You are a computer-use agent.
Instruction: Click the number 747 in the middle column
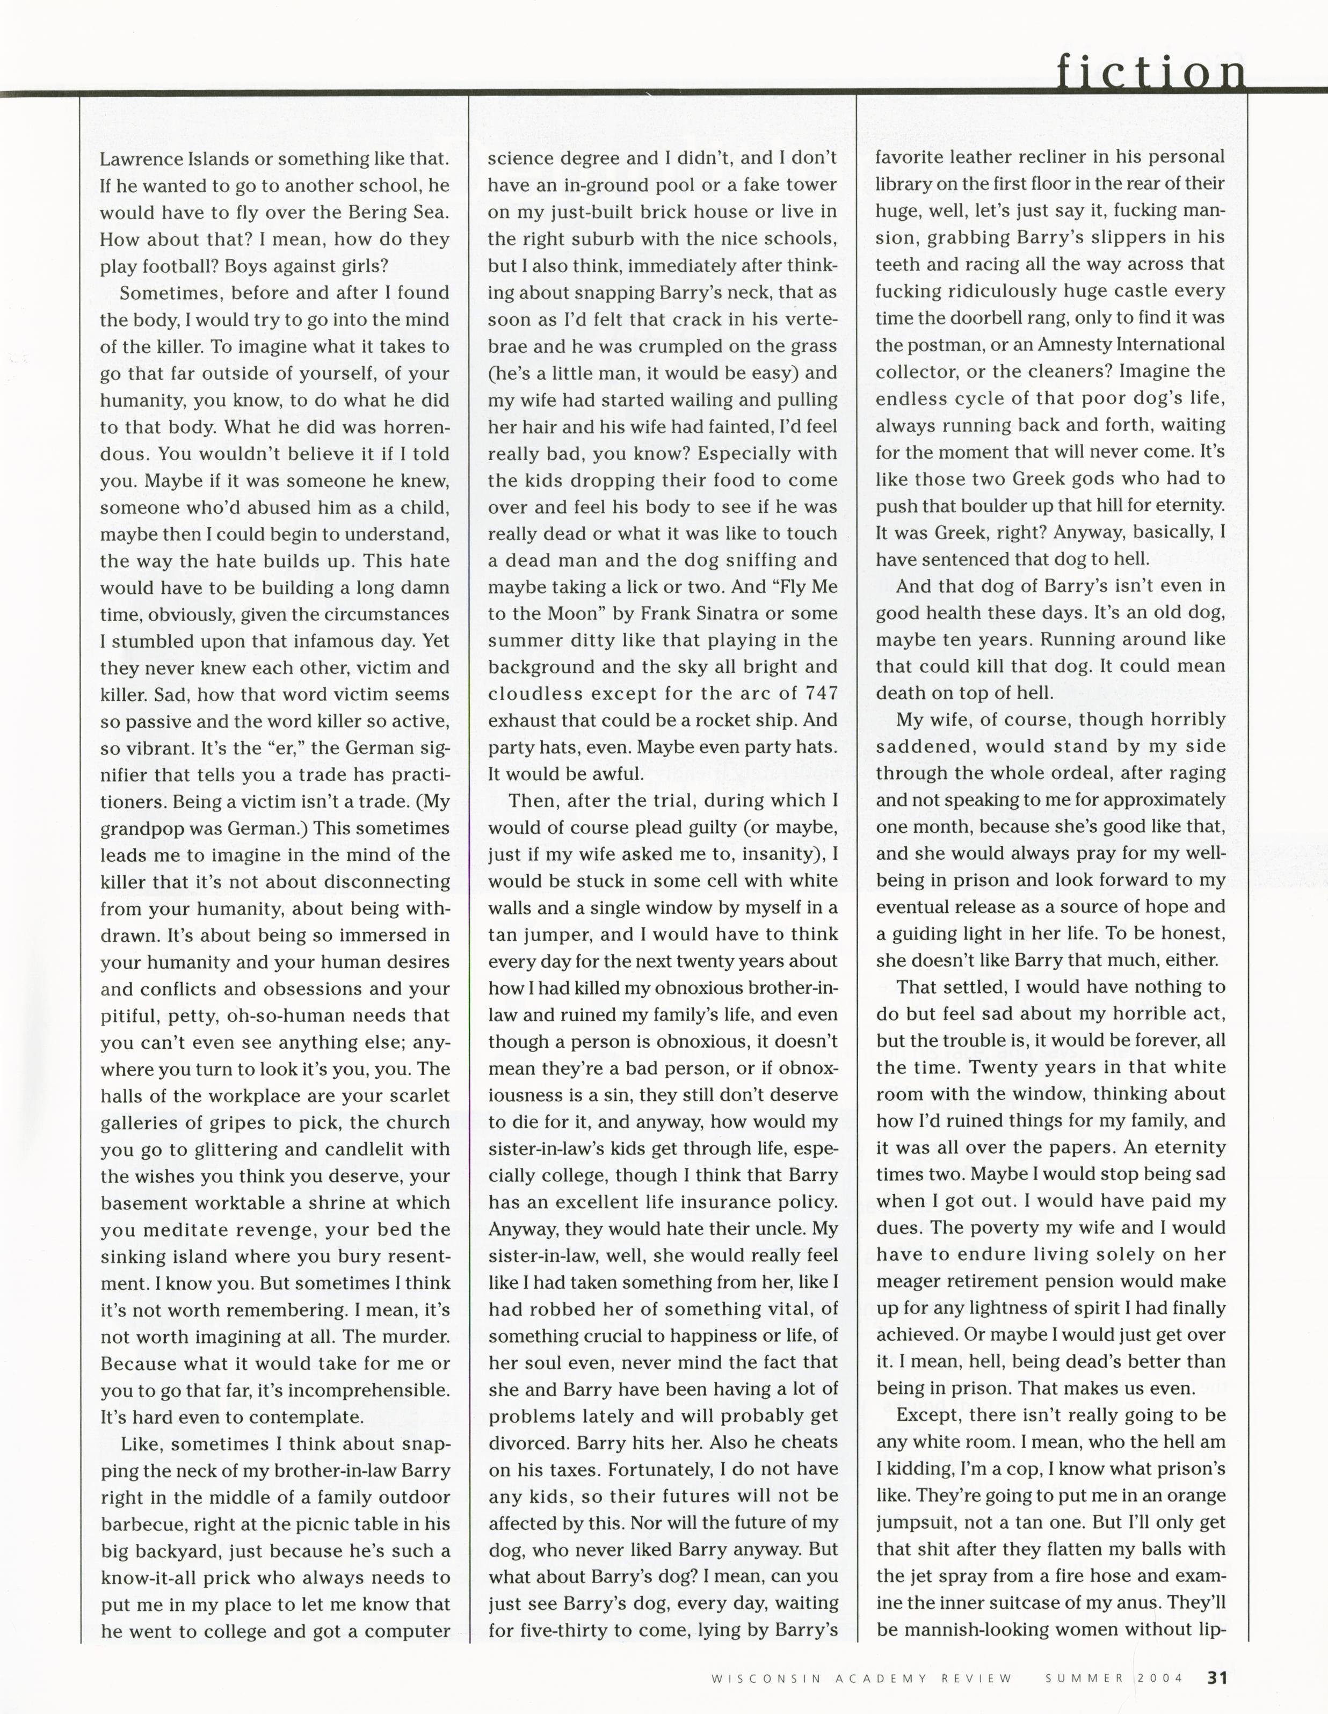click(822, 694)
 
